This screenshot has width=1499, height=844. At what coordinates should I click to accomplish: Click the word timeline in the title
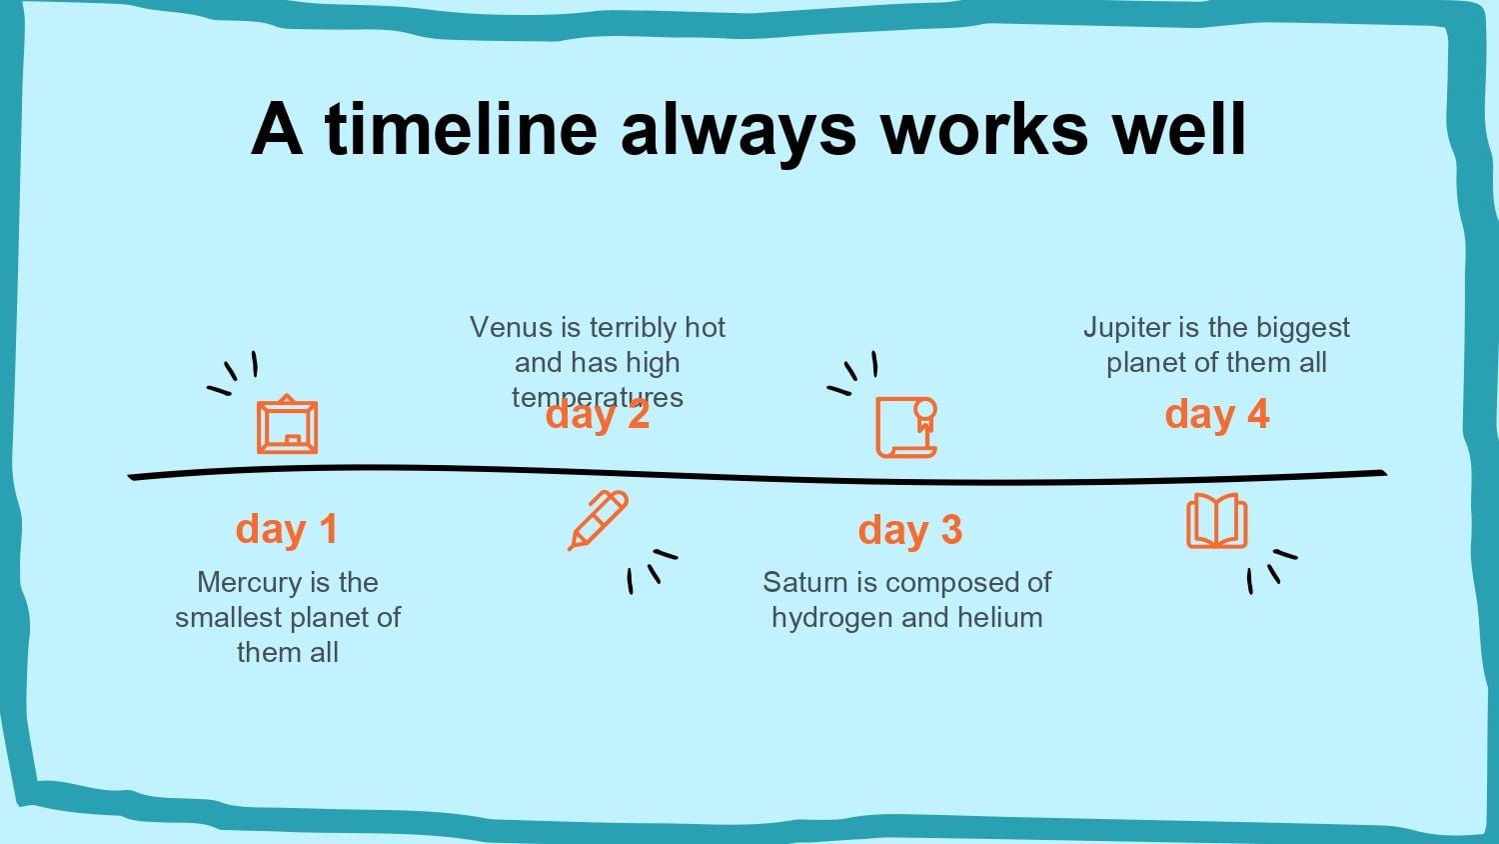461,129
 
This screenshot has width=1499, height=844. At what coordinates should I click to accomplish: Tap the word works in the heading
983,129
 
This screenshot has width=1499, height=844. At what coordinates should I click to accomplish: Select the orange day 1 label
287,529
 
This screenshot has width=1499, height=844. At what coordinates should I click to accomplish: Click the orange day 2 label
598,414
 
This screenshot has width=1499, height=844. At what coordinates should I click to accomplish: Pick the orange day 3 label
910,529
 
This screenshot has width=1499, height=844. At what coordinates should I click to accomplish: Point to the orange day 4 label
1216,414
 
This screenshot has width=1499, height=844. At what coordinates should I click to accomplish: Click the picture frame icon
287,424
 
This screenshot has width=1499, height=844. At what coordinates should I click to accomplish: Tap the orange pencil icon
599,520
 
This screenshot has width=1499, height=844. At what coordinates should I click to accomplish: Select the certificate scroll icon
906,427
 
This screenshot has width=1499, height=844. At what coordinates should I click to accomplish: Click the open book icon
1216,521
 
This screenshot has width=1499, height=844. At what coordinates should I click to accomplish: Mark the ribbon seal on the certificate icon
924,415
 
